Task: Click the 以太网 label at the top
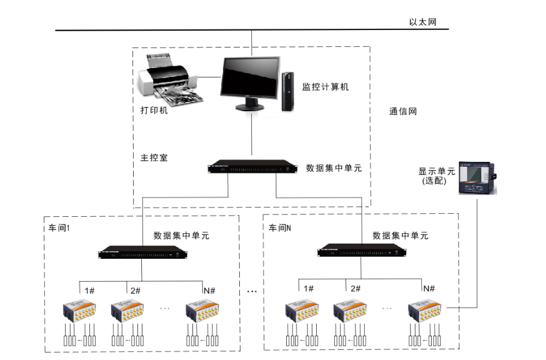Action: [422, 22]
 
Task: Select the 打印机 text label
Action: [154, 111]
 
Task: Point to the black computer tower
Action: [287, 91]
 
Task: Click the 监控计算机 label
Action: [325, 87]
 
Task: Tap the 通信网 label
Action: [403, 112]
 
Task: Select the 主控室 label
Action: [154, 157]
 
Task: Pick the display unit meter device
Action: [477, 179]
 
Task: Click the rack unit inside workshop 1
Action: [142, 253]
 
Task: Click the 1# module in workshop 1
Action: [79, 311]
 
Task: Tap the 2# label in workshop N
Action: [355, 288]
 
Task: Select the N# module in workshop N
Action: [425, 310]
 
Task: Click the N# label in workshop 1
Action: [209, 291]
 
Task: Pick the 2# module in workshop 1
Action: [127, 311]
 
